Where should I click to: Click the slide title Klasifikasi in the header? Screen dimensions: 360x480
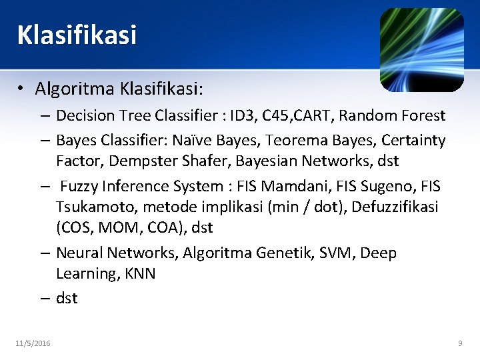click(77, 35)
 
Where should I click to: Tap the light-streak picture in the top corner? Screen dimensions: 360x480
click(421, 49)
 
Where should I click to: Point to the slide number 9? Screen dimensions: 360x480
click(460, 343)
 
